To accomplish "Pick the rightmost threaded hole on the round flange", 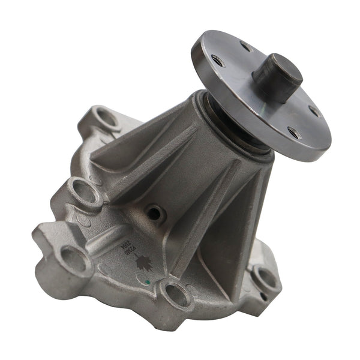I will pos(314,110).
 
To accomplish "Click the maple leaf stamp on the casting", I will pos(143,262).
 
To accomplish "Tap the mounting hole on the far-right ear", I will pos(265,277).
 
